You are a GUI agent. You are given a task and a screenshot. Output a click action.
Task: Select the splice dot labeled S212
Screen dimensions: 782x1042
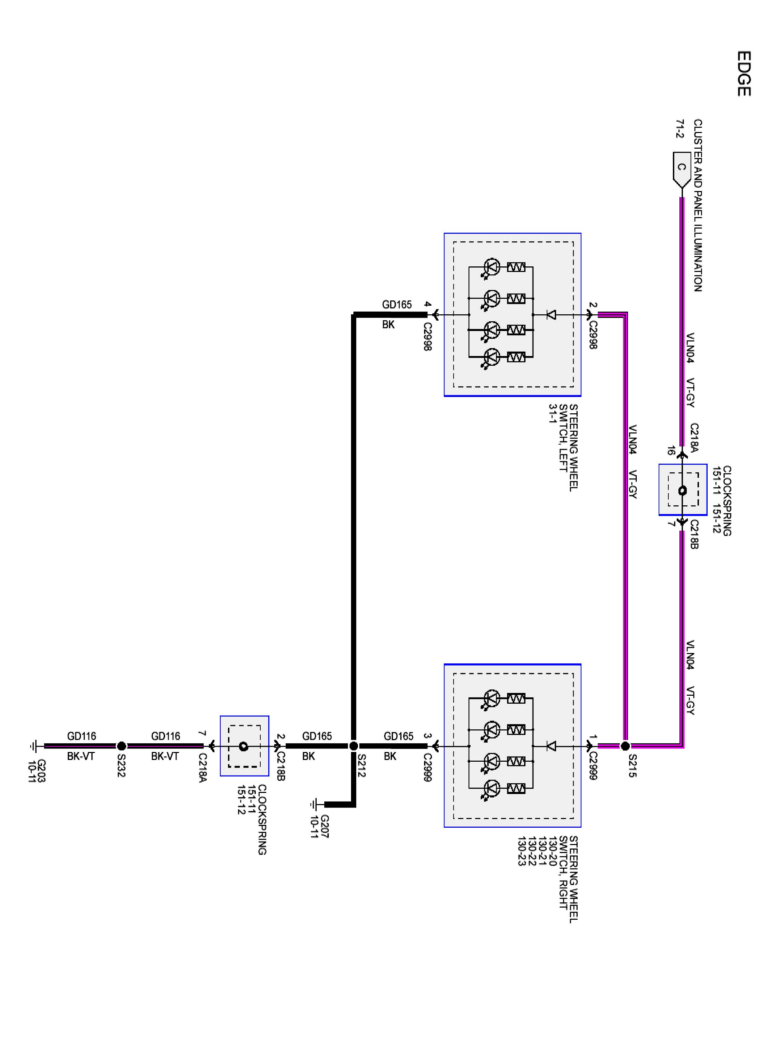tap(353, 746)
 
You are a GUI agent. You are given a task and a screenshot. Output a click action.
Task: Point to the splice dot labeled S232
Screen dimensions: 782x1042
tap(121, 746)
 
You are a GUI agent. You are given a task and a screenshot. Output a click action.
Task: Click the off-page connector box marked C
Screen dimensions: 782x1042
tap(681, 170)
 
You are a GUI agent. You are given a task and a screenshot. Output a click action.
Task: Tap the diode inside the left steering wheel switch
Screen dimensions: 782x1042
tap(551, 314)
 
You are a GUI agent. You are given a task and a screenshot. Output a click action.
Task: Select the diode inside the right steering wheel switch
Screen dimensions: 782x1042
tap(551, 746)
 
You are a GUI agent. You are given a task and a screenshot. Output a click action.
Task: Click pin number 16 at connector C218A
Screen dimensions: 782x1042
tap(670, 450)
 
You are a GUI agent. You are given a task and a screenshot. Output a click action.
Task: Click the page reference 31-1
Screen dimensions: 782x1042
tap(553, 414)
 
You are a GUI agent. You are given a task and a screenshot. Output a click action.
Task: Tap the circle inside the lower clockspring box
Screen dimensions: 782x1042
tap(244, 746)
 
